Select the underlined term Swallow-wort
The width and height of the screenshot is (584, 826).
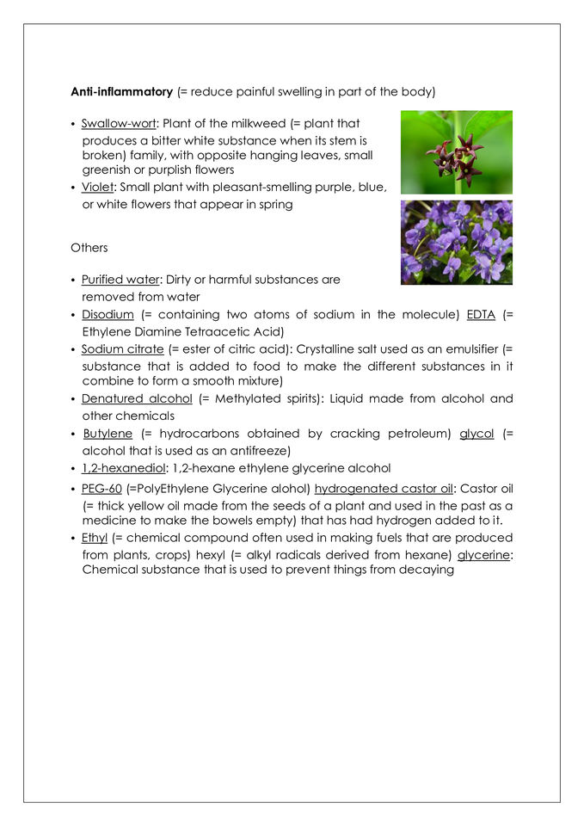(120, 124)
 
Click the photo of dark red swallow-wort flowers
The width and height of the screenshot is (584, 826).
(456, 151)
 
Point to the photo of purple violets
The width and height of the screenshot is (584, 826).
(456, 243)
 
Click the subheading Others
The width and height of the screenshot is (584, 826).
(89, 248)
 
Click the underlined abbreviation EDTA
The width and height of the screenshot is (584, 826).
(481, 315)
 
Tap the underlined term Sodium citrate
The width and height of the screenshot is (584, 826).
(122, 348)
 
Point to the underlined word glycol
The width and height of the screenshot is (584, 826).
(476, 434)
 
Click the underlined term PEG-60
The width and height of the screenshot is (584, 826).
(101, 489)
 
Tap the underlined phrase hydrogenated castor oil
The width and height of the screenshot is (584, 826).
(378, 489)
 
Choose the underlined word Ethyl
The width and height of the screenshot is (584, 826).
(95, 538)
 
